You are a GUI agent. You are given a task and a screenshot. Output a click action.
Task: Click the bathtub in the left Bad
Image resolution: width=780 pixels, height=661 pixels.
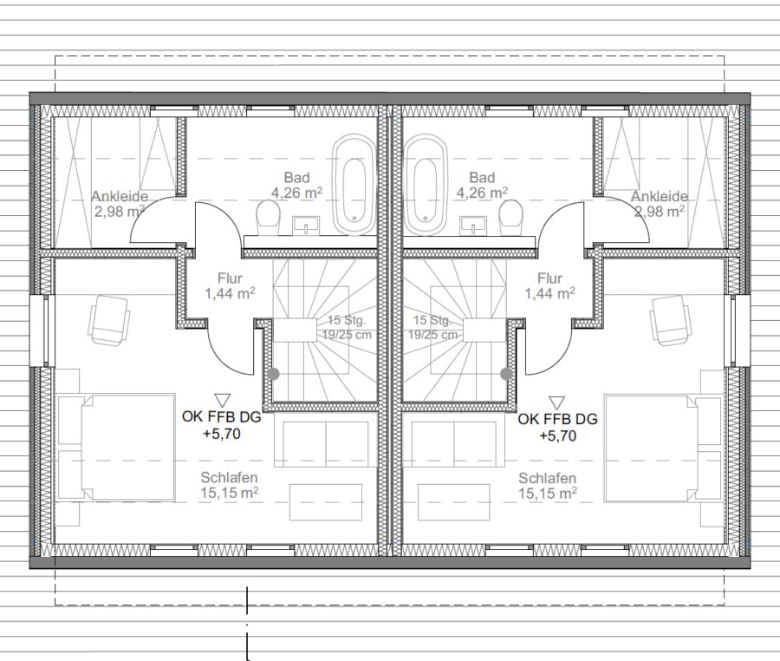(x=354, y=185)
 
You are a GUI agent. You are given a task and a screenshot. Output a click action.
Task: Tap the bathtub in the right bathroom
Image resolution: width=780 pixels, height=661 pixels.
(x=426, y=185)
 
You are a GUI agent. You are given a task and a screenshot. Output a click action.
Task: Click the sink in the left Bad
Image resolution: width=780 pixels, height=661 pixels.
(x=306, y=226)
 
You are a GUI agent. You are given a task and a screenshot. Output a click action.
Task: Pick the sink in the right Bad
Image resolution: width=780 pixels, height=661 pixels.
(x=473, y=226)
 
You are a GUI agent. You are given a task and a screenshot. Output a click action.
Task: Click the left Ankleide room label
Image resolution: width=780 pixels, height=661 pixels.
(x=120, y=204)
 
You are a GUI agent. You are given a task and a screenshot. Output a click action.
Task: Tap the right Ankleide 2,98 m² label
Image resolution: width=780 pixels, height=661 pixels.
(x=660, y=204)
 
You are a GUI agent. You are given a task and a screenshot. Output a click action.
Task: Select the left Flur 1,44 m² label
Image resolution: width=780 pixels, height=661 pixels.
(x=230, y=285)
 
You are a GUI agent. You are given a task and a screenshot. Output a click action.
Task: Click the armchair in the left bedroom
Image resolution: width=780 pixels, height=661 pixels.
(x=109, y=319)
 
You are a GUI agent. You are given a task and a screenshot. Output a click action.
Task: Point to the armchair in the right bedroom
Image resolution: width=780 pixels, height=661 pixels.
(x=670, y=320)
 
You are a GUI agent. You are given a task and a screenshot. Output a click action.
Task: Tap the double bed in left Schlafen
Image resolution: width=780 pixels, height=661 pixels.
(x=117, y=448)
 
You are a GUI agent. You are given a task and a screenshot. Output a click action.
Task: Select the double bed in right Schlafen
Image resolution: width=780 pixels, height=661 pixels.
(x=663, y=448)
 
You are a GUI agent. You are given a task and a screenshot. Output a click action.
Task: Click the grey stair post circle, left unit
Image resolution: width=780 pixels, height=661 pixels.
(x=273, y=374)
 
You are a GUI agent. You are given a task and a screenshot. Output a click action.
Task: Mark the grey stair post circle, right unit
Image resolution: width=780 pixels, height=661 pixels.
(x=506, y=374)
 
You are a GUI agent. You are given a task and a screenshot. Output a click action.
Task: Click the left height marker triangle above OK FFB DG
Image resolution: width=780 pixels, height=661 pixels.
(x=222, y=400)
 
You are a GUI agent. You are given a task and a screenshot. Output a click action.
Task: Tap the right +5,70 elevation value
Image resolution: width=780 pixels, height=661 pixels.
(x=557, y=436)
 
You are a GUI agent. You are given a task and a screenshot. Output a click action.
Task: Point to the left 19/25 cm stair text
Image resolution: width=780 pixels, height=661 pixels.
(x=347, y=335)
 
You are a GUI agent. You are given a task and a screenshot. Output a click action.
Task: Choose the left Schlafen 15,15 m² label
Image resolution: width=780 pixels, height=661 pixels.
(x=230, y=485)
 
